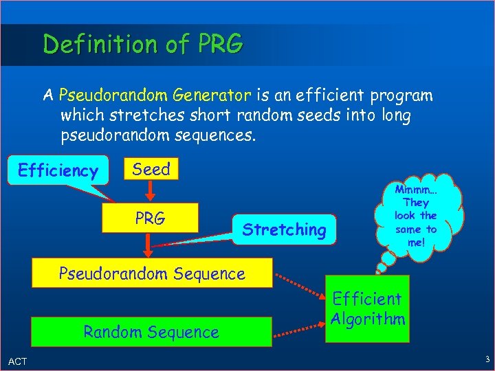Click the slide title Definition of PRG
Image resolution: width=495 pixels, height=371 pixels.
pos(143,44)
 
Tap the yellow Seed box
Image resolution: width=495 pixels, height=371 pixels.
pos(151,169)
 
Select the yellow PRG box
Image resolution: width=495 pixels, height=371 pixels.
pos(150,218)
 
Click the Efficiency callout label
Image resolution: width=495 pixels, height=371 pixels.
pos(58,170)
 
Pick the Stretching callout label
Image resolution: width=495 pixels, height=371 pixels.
pos(284,229)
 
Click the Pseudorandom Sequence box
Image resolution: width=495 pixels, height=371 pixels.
pos(152,273)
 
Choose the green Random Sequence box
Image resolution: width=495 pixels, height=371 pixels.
pos(151,332)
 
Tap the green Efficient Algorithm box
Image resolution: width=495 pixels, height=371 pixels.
pos(367,308)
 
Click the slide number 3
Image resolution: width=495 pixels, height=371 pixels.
pos(486,359)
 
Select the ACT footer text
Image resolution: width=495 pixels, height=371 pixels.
pos(18,361)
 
